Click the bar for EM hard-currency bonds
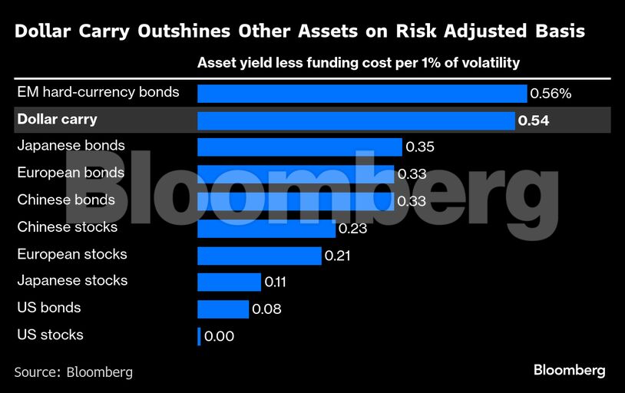click(362, 94)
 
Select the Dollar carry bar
click(355, 121)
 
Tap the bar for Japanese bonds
click(299, 147)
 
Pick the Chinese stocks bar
click(266, 228)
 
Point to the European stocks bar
click(259, 255)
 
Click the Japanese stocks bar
click(229, 282)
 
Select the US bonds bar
click(223, 309)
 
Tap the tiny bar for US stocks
click(199, 335)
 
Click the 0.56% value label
click(551, 94)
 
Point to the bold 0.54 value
click(534, 121)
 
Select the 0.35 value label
click(420, 147)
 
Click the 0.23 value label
click(353, 228)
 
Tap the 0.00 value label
click(219, 335)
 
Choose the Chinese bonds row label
click(66, 200)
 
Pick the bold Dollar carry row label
click(57, 120)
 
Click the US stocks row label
click(50, 335)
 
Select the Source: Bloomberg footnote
click(74, 372)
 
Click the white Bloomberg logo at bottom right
click(569, 370)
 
